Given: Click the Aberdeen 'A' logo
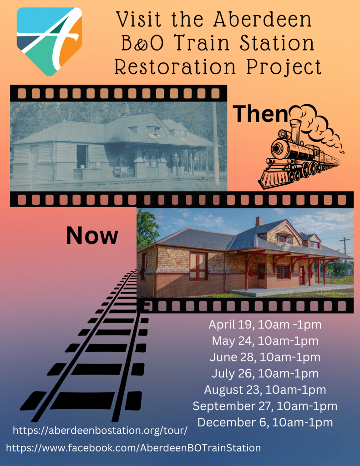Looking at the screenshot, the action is point(49,41).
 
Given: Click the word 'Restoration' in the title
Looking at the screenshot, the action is point(175,67).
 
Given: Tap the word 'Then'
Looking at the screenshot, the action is point(260,114).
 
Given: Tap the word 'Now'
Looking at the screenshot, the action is point(92,235).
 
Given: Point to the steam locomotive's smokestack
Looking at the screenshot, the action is point(295,130).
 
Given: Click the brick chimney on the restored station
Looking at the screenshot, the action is point(259,222).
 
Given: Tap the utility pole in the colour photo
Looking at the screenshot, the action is point(345,256).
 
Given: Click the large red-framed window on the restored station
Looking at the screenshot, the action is point(198,266).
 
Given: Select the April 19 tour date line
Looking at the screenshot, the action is point(265,324).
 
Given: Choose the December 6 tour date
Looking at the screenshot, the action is point(265,422).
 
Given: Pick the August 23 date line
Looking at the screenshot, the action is point(265,390).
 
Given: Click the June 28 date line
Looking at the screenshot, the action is point(265,357).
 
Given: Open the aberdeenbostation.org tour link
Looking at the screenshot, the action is point(100,431).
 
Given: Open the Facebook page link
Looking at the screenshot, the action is point(133,448).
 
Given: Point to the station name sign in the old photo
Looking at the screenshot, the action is point(151,150).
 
